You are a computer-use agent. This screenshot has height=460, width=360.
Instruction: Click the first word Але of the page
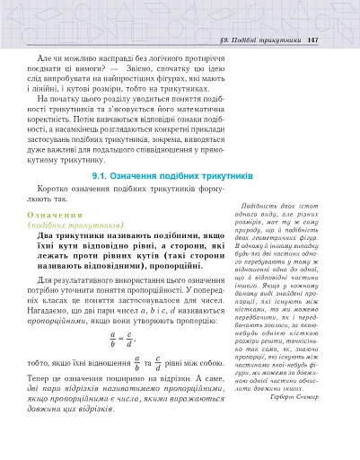(x=35, y=56)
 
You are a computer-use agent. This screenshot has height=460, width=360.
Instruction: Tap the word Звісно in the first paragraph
(x=151, y=67)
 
